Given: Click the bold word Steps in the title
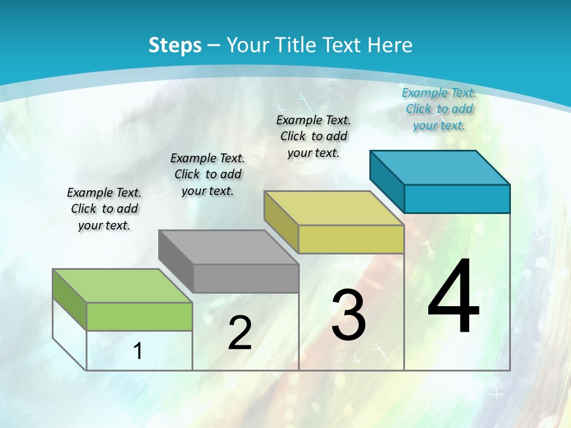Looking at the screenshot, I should tap(174, 45).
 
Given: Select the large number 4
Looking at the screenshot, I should tap(453, 297).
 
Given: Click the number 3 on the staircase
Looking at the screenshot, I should tap(349, 315).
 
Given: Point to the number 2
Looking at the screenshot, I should tap(240, 333).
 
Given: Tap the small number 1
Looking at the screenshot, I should tap(138, 351).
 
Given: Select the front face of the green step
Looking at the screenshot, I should tap(139, 316).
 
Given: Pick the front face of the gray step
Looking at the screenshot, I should tap(246, 278).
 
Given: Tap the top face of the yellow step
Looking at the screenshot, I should tap(334, 207).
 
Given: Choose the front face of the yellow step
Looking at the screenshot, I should tap(351, 239).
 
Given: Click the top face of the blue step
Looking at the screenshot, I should tap(440, 167).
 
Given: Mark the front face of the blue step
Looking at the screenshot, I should tap(457, 199).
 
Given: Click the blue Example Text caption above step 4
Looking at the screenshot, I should tap(439, 109).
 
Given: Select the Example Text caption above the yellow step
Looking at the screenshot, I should tap(313, 136).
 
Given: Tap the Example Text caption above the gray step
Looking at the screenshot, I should tap(208, 174).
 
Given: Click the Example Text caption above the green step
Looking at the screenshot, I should tap(104, 209).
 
